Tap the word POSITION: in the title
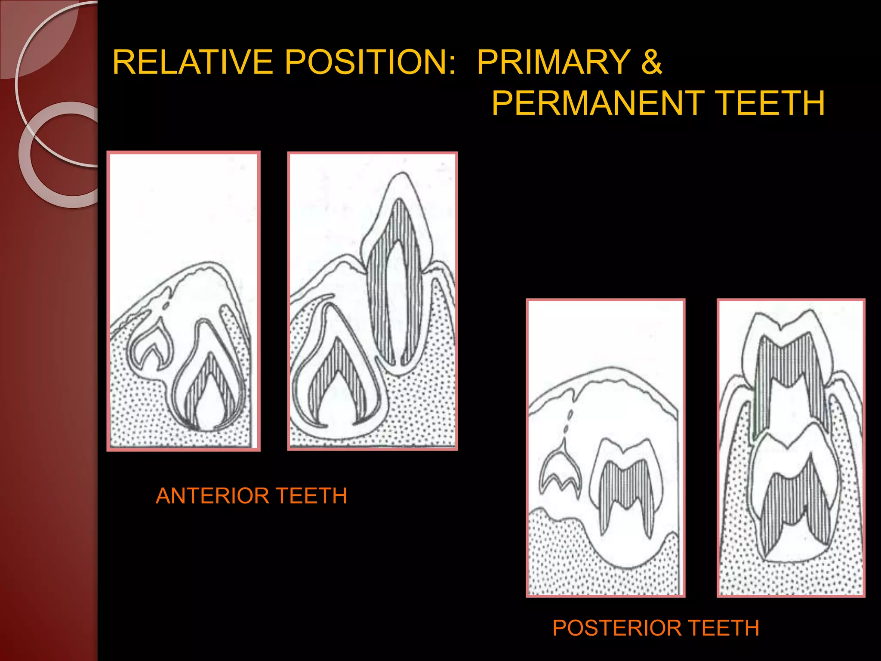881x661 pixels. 370,62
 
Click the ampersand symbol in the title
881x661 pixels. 651,62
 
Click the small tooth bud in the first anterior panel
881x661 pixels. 151,346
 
